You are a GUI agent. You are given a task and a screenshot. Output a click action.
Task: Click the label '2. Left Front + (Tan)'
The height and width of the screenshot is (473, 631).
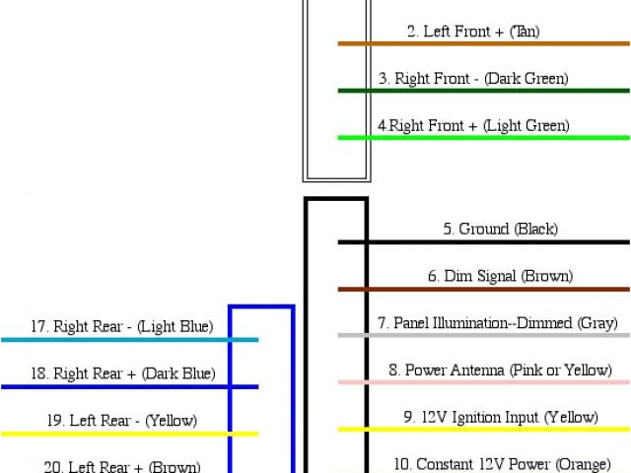473,32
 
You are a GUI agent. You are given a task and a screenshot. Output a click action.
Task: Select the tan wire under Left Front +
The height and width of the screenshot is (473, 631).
483,43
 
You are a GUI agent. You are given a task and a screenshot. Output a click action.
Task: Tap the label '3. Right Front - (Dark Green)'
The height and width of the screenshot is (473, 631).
473,79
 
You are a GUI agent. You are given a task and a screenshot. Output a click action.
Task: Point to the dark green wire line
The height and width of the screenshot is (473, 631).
483,91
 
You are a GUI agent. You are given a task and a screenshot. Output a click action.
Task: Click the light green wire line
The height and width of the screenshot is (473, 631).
483,138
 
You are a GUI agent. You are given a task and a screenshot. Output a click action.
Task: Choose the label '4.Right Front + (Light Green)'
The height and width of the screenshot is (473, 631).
473,126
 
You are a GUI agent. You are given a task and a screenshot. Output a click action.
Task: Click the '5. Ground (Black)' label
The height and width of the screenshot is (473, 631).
500,229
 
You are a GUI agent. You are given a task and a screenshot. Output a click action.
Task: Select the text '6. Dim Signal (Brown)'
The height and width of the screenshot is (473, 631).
500,277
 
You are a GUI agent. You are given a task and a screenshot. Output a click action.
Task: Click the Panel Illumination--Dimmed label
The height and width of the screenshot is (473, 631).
497,323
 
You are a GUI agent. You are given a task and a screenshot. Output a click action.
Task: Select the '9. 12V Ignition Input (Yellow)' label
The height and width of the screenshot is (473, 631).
500,417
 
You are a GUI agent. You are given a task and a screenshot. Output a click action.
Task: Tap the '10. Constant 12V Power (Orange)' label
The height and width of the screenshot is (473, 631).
500,463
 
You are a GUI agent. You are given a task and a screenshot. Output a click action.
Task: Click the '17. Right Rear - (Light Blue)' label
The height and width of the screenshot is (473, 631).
121,326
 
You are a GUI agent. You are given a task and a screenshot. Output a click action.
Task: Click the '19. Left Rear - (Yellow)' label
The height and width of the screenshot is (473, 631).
121,421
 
